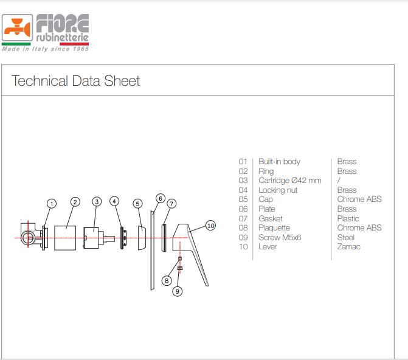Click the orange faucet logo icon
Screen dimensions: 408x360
(x=18, y=27)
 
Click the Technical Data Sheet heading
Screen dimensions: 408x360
(x=76, y=81)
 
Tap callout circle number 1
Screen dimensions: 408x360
(x=52, y=204)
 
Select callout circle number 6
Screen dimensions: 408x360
(x=161, y=199)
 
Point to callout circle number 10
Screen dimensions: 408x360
(x=210, y=226)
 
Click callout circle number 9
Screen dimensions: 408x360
(x=178, y=291)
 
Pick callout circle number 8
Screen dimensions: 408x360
(x=167, y=280)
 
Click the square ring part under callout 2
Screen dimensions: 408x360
(x=65, y=238)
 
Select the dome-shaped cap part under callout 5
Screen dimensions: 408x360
(x=142, y=238)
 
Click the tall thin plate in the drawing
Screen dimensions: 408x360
(x=152, y=250)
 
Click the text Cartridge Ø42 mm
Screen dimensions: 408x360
(x=290, y=181)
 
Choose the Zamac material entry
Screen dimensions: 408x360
(x=348, y=246)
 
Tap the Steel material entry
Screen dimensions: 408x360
(x=346, y=237)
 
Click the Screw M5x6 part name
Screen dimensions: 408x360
(x=280, y=237)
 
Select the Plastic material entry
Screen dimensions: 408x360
(x=348, y=218)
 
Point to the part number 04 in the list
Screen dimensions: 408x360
(x=243, y=190)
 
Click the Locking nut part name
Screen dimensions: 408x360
(x=278, y=190)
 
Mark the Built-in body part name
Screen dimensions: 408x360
(x=280, y=162)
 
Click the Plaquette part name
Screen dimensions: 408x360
(x=274, y=228)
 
